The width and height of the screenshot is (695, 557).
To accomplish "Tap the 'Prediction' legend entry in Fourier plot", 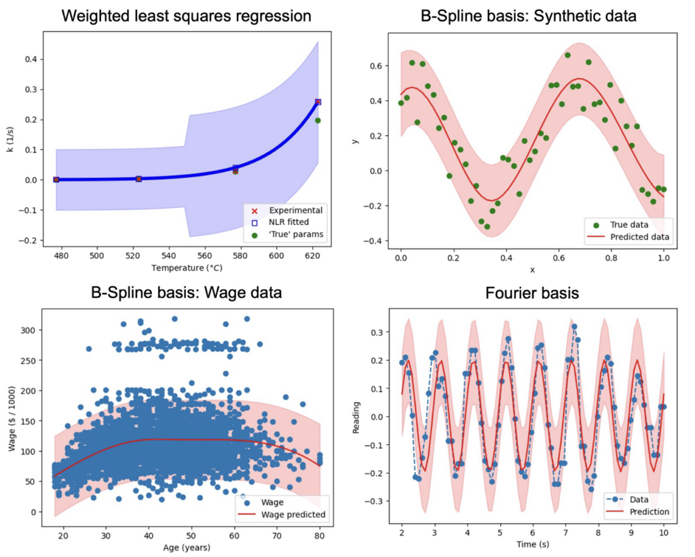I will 645,511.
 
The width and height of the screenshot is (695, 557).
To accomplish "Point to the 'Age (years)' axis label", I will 187,546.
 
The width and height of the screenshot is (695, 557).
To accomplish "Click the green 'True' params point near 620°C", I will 318,120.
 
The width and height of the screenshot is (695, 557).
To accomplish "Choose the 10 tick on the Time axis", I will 664,534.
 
